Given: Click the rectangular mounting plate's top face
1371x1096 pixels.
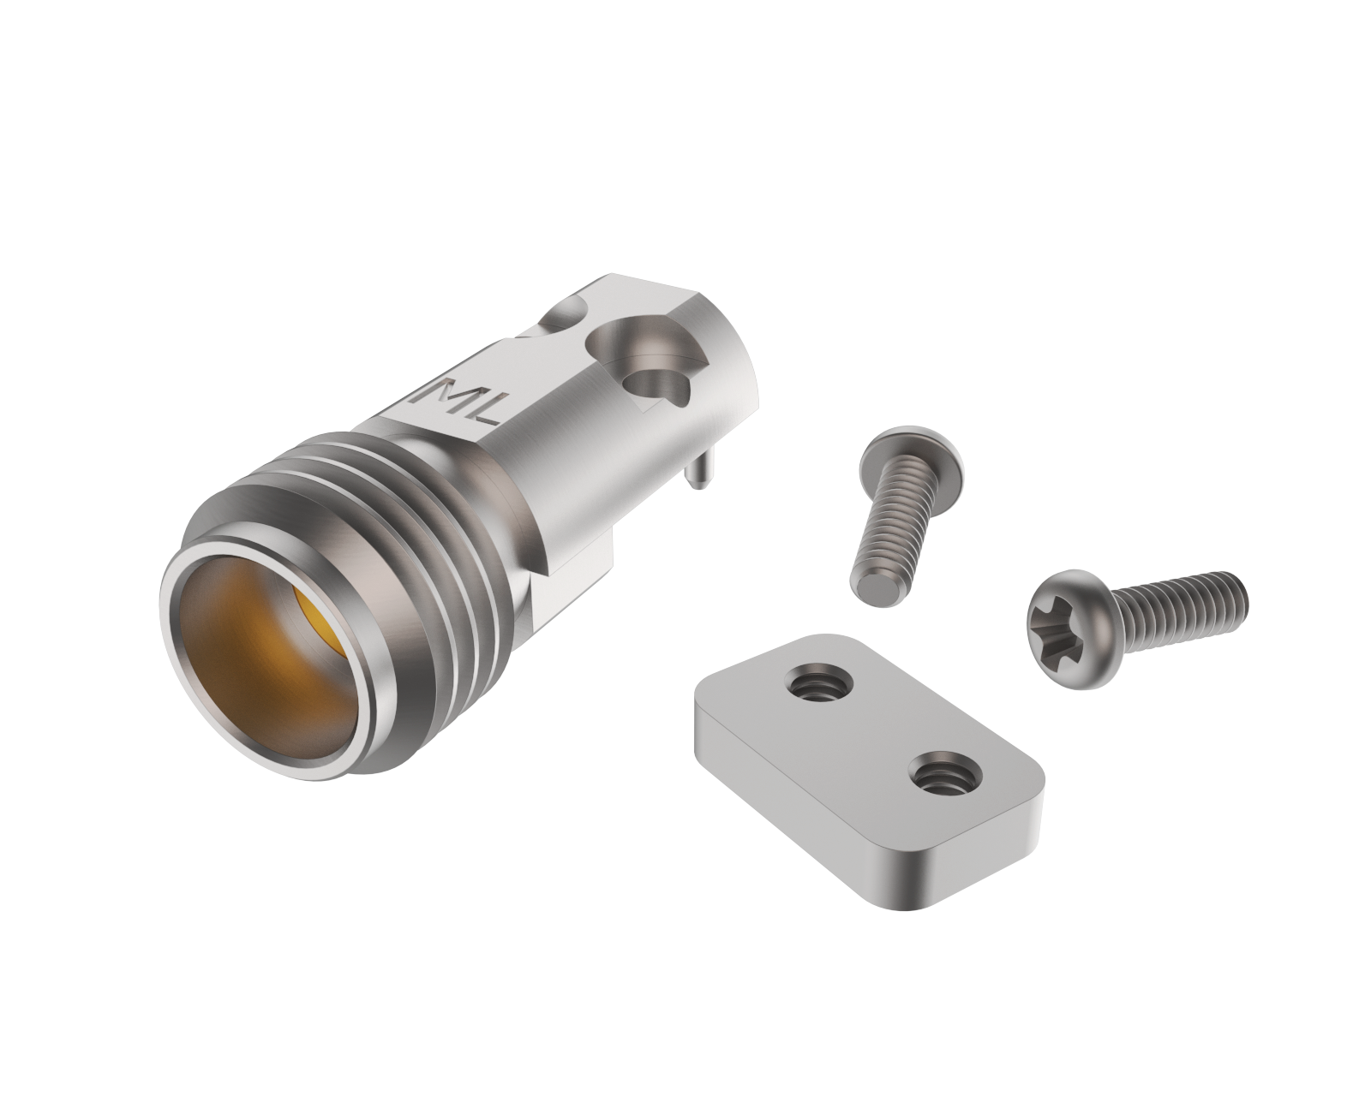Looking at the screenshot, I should point(865,728).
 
